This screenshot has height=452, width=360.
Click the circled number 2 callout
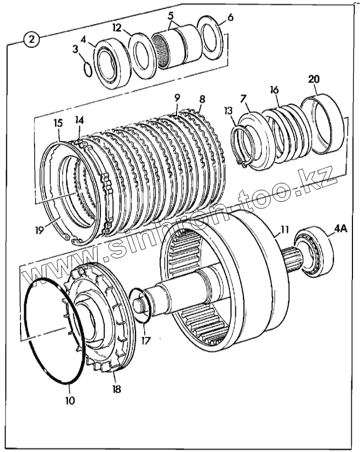click(32, 40)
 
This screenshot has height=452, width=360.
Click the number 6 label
click(230, 17)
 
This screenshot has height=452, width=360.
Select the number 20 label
click(314, 79)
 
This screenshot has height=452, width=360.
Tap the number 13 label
click(229, 111)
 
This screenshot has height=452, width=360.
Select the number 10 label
click(70, 401)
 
